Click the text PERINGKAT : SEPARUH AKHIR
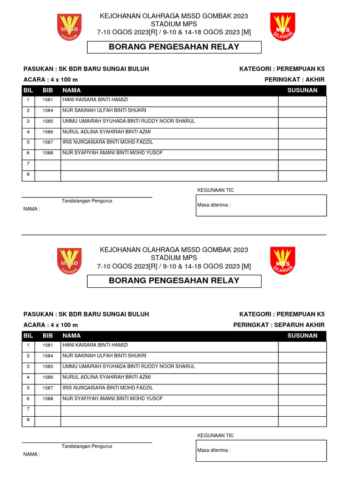[279, 325]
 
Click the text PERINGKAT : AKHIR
[294, 80]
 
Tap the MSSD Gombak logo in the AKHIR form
[69, 27]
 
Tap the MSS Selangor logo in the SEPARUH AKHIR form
[283, 261]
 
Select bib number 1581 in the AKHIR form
[48, 100]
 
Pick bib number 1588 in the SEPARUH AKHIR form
[48, 399]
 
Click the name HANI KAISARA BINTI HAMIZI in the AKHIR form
[95, 100]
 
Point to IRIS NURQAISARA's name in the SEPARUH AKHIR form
[108, 388]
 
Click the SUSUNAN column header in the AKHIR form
[302, 90]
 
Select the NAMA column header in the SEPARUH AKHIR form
[71, 336]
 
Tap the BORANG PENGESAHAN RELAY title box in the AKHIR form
[174, 47]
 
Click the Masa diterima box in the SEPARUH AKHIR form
[261, 450]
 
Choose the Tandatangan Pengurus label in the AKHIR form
[87, 201]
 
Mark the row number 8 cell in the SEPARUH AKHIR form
[28, 420]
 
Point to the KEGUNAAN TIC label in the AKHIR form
[216, 190]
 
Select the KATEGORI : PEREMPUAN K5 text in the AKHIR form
[282, 69]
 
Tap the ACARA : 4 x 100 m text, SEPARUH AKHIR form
[51, 325]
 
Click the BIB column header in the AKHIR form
[48, 90]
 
